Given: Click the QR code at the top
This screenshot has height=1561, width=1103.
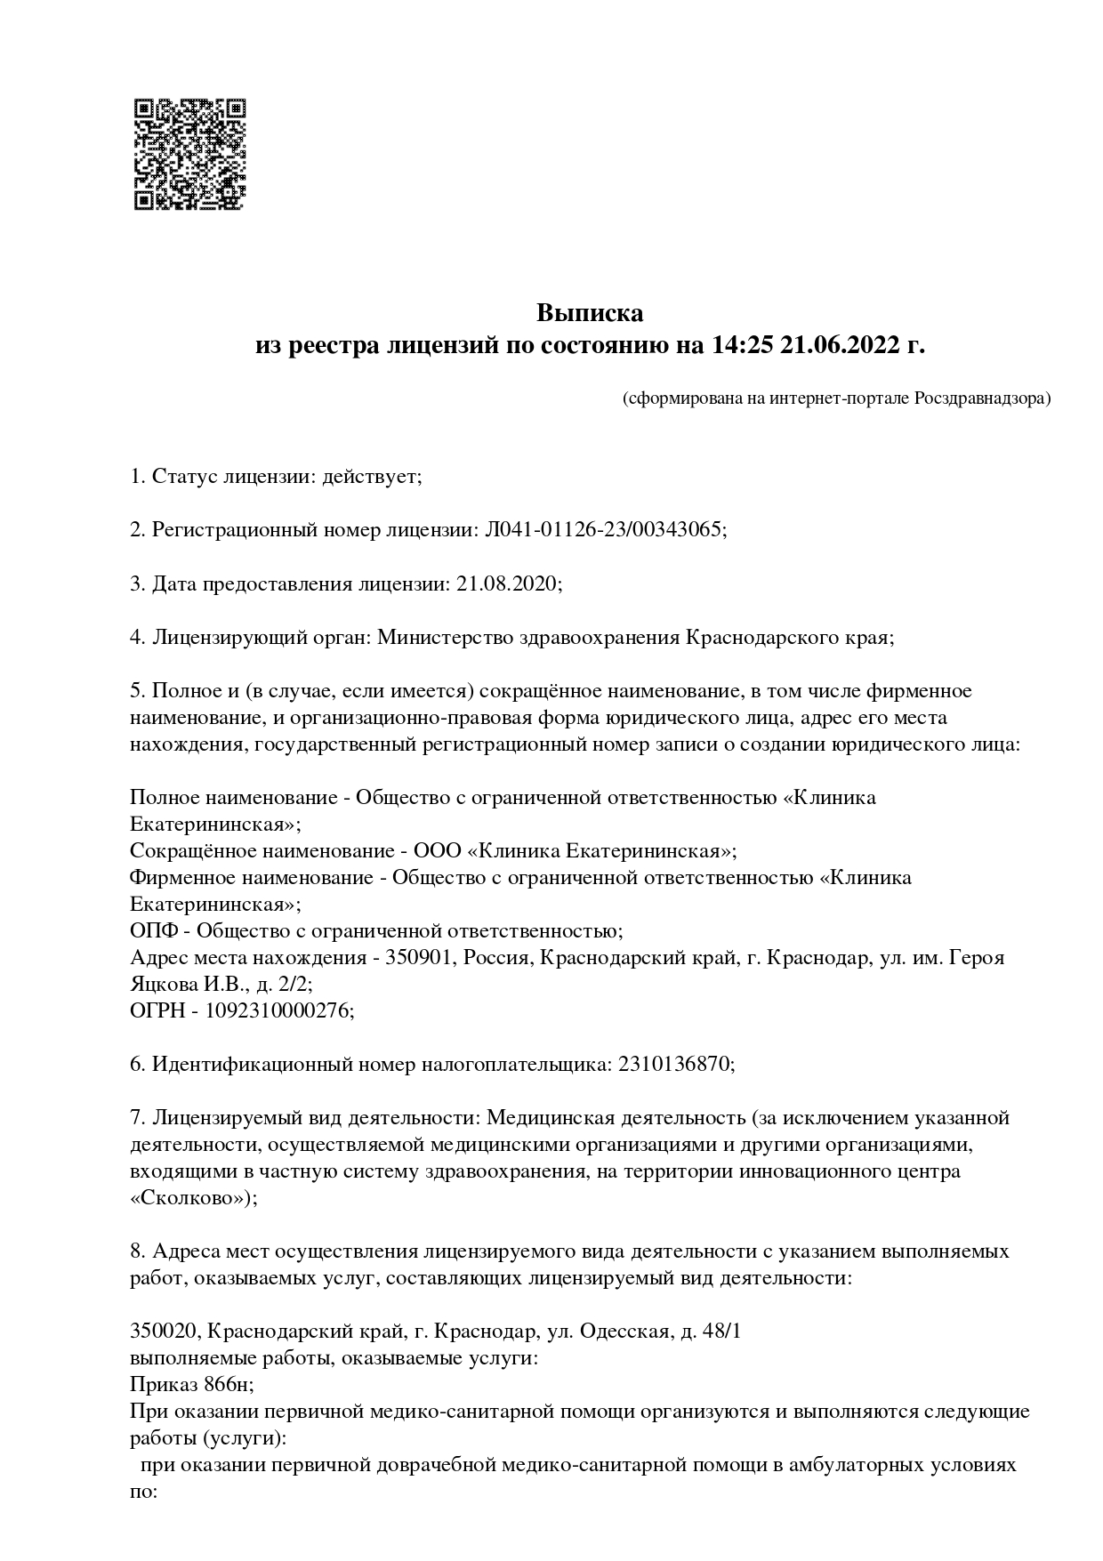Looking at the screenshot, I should point(189,154).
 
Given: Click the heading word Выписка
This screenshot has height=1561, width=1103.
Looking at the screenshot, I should point(589,313).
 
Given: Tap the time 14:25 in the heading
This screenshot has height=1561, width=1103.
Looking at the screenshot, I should point(743,345).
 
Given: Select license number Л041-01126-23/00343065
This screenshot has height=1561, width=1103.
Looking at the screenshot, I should point(605,530).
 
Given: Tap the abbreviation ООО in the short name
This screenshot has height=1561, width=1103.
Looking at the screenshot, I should point(438,851).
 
